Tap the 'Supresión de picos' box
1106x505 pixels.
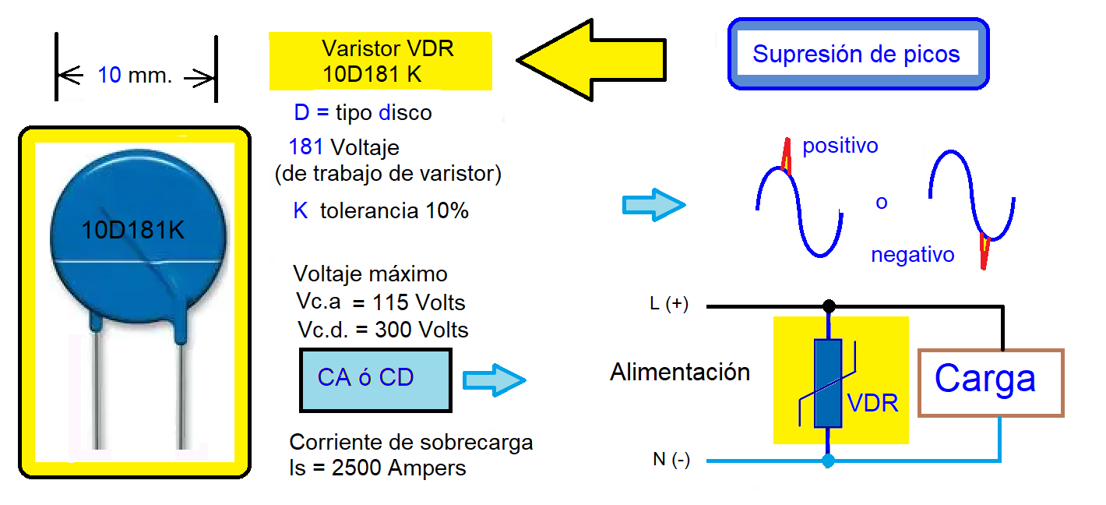pos(857,54)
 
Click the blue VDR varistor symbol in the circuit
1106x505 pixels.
pos(827,383)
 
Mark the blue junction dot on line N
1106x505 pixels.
pos(829,461)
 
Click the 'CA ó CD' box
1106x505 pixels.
pos(375,380)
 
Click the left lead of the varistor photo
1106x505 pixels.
pos(99,390)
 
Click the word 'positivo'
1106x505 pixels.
pos(840,146)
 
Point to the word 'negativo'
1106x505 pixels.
pos(912,255)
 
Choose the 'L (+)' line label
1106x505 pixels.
pos(668,305)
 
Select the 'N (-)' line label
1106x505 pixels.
pos(671,461)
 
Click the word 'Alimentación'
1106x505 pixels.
pos(679,372)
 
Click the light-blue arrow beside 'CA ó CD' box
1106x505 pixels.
pos(494,380)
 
